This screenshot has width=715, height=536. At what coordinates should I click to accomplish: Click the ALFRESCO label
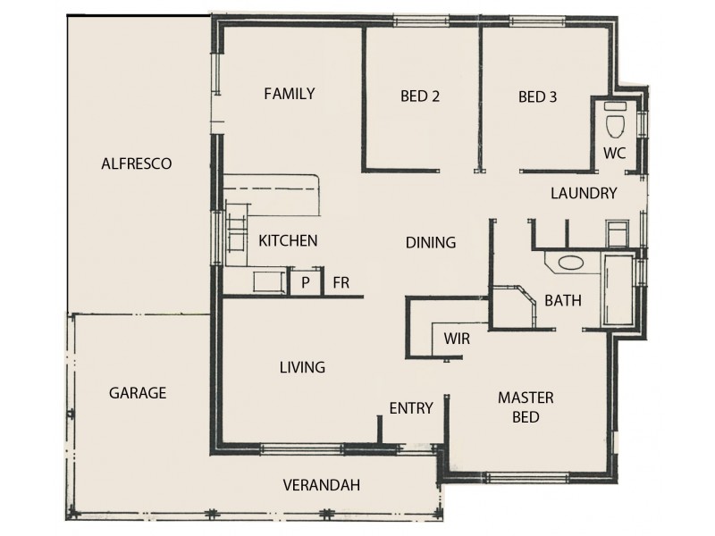coord(136,163)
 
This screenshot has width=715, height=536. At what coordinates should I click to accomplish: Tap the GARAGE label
coord(138,393)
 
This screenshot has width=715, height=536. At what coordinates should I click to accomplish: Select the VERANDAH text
coord(321,486)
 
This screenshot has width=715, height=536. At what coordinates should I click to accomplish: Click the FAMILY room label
coord(289,94)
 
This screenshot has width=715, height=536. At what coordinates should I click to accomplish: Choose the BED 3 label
coord(537,97)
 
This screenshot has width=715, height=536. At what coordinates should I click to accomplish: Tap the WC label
coord(614,152)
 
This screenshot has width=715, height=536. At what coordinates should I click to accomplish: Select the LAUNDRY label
coord(584,193)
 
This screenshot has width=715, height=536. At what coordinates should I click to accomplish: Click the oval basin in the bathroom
coord(568,264)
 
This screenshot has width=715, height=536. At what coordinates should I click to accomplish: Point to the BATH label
coord(563,301)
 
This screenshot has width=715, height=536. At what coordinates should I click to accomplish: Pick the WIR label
coord(457,339)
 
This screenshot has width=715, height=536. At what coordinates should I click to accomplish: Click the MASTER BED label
coord(526,406)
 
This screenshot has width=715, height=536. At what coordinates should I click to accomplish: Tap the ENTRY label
coord(411,408)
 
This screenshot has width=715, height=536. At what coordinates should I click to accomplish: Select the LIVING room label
coord(302,367)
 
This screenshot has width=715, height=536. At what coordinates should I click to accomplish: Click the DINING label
coord(431,242)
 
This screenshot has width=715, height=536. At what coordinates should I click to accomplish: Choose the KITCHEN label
coord(288,240)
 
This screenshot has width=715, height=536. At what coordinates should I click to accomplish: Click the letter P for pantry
coord(306,283)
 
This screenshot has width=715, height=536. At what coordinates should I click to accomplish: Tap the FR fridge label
coord(341,283)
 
